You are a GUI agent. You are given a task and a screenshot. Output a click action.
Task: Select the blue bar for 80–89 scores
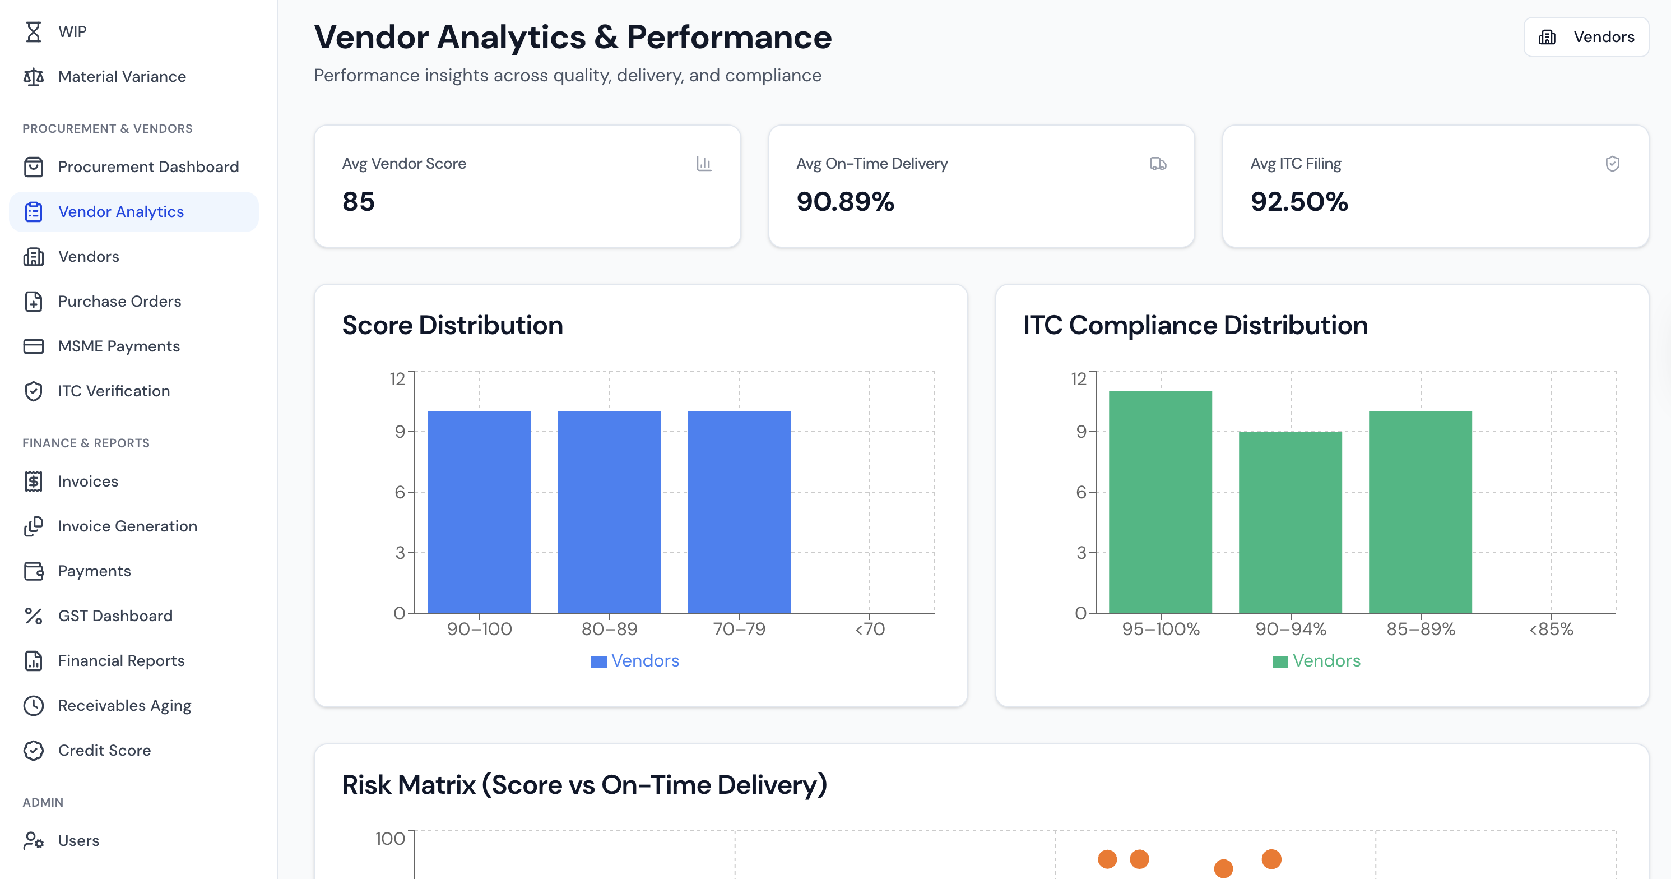coord(609,512)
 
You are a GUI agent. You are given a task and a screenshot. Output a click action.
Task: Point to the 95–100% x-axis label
coord(1161,629)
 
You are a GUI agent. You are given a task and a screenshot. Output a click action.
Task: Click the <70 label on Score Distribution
coord(869,629)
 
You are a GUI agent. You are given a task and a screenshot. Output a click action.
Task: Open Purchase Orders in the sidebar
coord(119,301)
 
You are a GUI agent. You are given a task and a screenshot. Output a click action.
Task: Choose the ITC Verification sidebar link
coord(114,391)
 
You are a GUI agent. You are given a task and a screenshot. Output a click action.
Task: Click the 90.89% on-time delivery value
coord(844,202)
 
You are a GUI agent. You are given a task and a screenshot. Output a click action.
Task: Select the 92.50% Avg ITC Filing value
coord(1299,202)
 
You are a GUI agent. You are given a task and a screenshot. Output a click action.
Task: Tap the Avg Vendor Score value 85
coord(358,202)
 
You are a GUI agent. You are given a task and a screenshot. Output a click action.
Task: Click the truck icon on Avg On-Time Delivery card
coord(1158,164)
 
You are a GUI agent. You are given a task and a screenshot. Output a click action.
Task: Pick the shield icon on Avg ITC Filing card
coord(1612,164)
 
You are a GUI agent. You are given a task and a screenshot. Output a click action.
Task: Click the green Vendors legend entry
coord(1316,661)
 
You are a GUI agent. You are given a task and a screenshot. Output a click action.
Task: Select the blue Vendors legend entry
coord(635,661)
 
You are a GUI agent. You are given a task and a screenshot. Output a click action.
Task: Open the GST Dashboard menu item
coord(115,616)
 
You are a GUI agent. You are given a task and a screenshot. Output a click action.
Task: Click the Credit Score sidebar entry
coord(104,751)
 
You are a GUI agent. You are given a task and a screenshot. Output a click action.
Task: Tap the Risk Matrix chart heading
coord(584,785)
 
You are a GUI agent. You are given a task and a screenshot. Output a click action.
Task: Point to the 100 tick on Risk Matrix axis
coord(390,839)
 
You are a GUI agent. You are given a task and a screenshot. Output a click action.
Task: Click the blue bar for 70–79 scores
coord(739,512)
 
